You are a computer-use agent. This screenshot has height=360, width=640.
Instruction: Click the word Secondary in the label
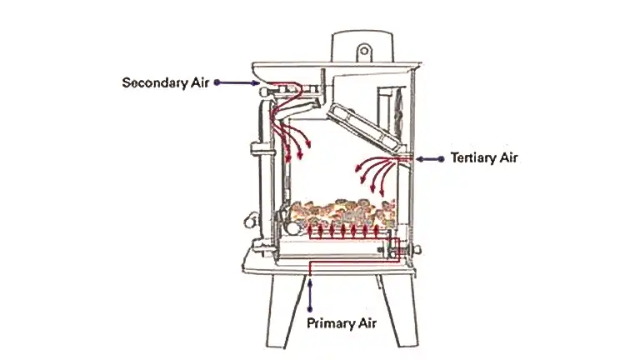click(x=155, y=83)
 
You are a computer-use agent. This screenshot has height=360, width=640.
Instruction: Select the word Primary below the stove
click(x=328, y=324)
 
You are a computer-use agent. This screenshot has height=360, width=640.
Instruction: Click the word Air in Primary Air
click(x=367, y=323)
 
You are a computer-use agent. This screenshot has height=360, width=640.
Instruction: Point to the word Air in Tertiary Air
click(x=507, y=157)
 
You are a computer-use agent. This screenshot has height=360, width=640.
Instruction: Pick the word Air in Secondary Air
click(x=200, y=82)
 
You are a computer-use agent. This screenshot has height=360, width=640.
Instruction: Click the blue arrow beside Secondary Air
click(x=237, y=82)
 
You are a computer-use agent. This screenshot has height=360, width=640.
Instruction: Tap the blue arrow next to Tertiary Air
click(x=429, y=159)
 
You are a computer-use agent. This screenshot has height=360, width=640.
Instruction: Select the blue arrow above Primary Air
click(x=310, y=293)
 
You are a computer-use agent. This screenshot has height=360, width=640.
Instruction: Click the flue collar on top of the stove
click(x=362, y=46)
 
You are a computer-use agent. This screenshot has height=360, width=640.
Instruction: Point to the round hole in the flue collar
click(x=364, y=52)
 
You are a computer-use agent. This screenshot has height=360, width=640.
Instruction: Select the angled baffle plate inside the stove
click(x=364, y=127)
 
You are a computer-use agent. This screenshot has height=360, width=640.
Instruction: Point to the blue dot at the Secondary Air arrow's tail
click(x=217, y=82)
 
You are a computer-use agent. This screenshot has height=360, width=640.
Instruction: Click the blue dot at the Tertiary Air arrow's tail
click(x=441, y=159)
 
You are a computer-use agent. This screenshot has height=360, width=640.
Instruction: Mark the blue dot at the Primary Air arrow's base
click(x=310, y=309)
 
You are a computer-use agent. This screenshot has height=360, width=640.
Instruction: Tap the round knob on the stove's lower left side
click(x=249, y=221)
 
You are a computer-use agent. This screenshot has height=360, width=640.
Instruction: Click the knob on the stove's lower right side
click(x=417, y=249)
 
